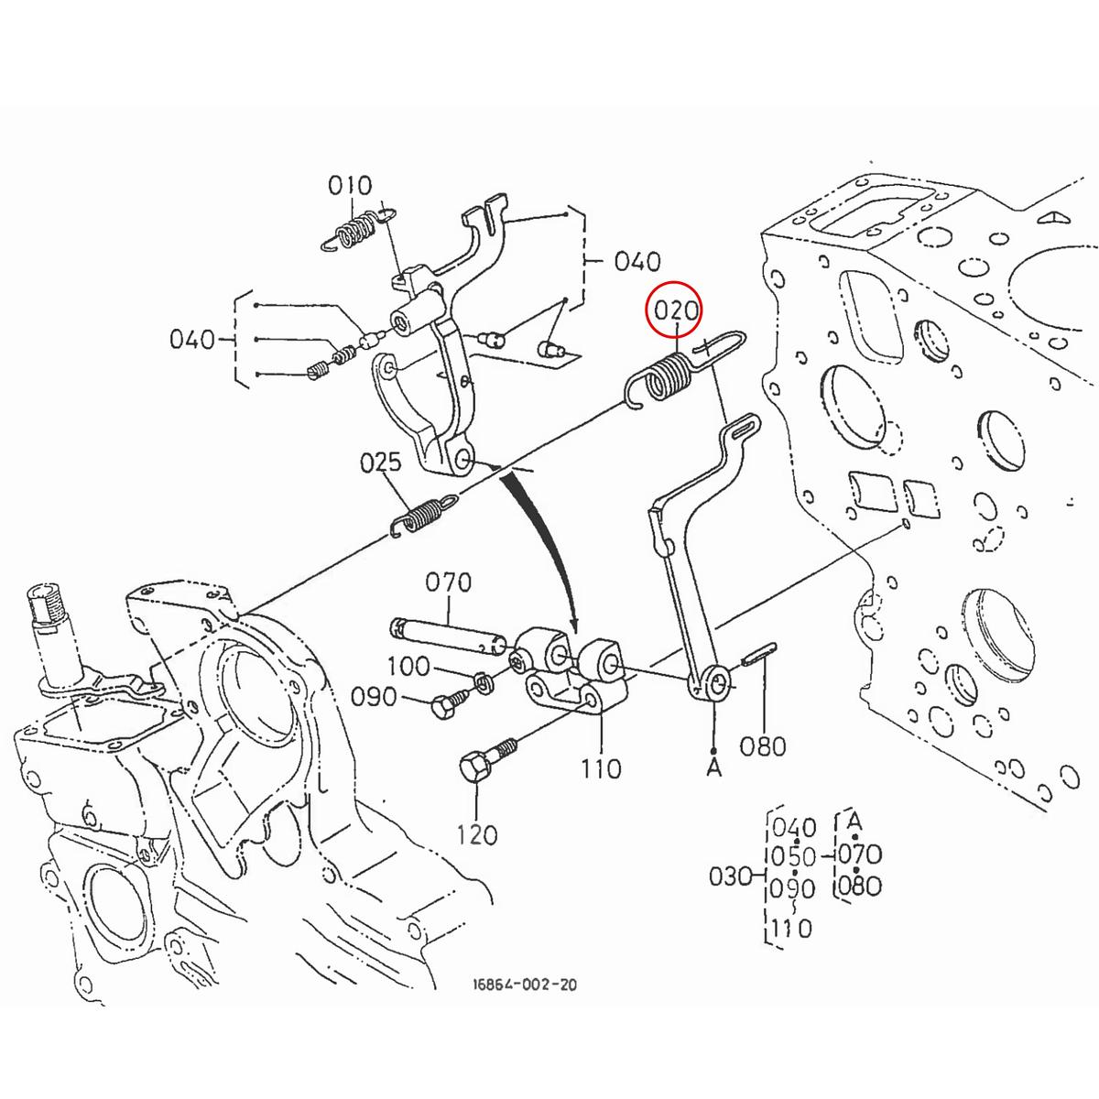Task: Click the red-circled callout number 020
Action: pyautogui.click(x=676, y=311)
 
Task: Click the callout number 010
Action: pyautogui.click(x=350, y=186)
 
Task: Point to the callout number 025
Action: pyautogui.click(x=380, y=462)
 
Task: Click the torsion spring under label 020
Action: pyautogui.click(x=665, y=377)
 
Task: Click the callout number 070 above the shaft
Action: pyautogui.click(x=449, y=582)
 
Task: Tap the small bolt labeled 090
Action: pyautogui.click(x=446, y=703)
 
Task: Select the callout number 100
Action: pyautogui.click(x=408, y=666)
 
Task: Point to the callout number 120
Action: pyautogui.click(x=477, y=834)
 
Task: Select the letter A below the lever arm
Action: pyautogui.click(x=714, y=767)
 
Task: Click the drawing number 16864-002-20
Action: pyautogui.click(x=525, y=985)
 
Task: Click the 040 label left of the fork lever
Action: pyautogui.click(x=192, y=340)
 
